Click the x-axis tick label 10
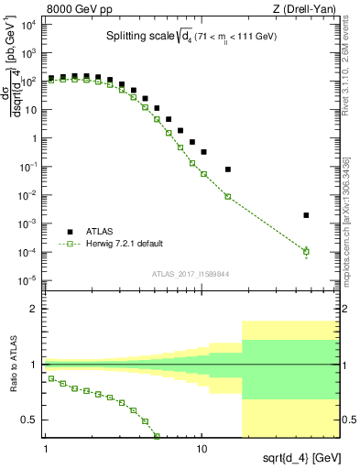(x=202, y=450)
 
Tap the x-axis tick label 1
(x=45, y=450)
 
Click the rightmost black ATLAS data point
(x=306, y=215)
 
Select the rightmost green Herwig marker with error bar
(x=306, y=251)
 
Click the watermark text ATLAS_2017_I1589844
(x=189, y=273)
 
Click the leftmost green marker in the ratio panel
(x=51, y=377)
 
